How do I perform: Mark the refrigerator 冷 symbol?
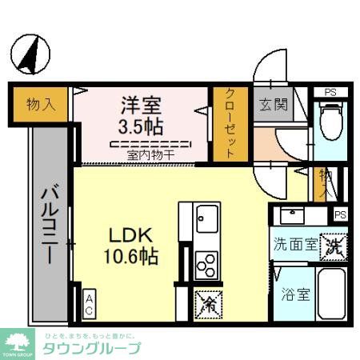click(207, 302)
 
